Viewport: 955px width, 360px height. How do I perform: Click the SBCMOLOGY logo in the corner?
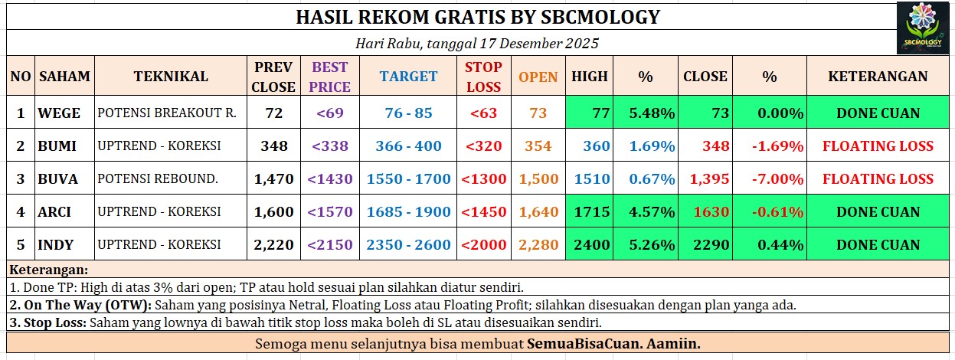coord(923,28)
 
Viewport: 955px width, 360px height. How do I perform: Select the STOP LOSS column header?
coord(483,77)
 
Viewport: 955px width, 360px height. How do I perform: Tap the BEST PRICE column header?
coord(329,77)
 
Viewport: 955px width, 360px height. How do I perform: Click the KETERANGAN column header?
coord(878,76)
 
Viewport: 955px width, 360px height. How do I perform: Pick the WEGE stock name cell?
coord(59,113)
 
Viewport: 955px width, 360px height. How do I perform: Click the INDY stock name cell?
coord(55,244)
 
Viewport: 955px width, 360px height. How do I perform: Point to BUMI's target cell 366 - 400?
coord(408,146)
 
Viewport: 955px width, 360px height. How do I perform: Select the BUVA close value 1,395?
coord(709,178)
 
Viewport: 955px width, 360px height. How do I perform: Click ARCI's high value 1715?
coord(592,211)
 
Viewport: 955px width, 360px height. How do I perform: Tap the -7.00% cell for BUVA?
coord(777,178)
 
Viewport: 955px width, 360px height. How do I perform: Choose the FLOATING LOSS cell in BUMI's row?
coord(878,146)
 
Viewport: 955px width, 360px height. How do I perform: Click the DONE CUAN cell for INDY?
coord(878,244)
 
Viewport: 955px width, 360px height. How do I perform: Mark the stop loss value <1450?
coord(483,211)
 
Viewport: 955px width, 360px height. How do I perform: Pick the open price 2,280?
coord(538,244)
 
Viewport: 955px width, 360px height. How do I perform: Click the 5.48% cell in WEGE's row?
coord(652,113)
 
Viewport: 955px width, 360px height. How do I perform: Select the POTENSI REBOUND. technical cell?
coord(158,178)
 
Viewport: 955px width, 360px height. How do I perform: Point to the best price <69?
coord(329,113)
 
